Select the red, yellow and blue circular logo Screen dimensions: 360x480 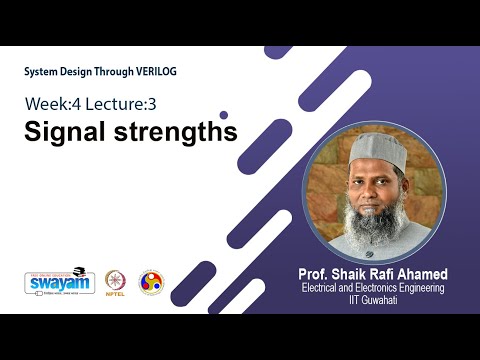pyautogui.click(x=151, y=283)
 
